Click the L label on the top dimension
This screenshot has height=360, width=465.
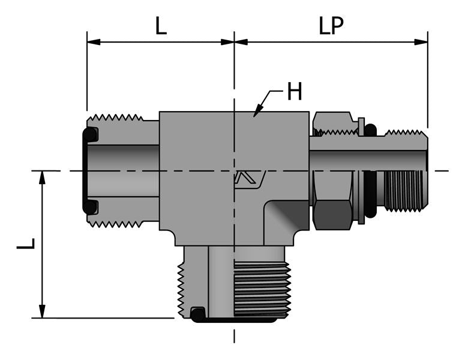pos(161,28)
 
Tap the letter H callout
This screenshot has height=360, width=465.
pos(294,92)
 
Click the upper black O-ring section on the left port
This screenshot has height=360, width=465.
pos(90,135)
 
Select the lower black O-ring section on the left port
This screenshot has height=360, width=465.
pos(90,208)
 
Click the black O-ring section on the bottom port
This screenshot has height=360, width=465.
pos(197,313)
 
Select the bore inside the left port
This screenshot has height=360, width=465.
pos(123,170)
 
